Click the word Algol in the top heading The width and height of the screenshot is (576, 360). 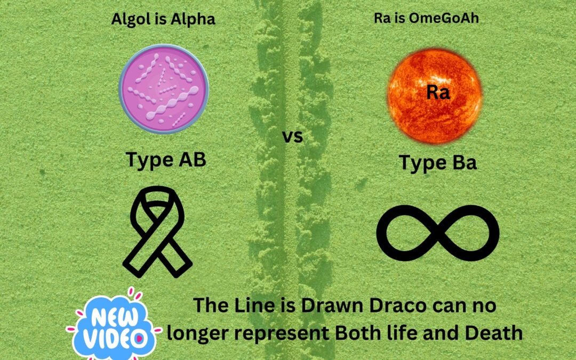[127, 20]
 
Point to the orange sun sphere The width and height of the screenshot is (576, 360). [434, 96]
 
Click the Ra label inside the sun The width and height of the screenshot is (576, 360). [438, 93]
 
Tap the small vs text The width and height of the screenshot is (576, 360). [292, 137]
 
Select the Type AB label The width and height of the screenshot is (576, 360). [165, 159]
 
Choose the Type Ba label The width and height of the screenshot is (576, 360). [438, 162]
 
